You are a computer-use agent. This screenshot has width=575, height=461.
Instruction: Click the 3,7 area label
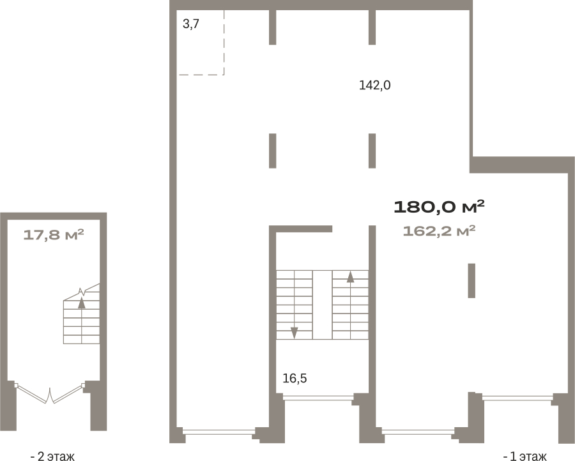190,24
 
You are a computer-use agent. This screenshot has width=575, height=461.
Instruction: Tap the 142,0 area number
374,86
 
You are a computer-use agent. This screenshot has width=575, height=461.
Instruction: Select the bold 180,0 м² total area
439,207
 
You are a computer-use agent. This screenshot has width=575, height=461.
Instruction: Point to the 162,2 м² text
439,231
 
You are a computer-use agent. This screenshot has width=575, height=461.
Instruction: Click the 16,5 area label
295,378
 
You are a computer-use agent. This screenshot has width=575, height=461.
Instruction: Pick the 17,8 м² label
54,234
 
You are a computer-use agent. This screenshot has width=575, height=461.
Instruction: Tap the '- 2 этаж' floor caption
52,456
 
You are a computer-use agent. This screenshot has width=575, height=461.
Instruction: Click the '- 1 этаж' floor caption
525,456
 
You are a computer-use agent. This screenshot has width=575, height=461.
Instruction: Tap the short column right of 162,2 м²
471,281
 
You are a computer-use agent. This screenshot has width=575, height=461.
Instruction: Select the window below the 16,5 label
318,397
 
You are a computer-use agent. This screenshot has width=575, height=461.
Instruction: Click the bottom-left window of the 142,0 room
219,432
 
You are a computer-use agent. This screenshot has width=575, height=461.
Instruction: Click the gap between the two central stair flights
323,305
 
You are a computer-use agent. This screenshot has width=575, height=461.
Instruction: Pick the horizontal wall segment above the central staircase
301,229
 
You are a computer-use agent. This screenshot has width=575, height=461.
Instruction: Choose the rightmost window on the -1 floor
517,398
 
